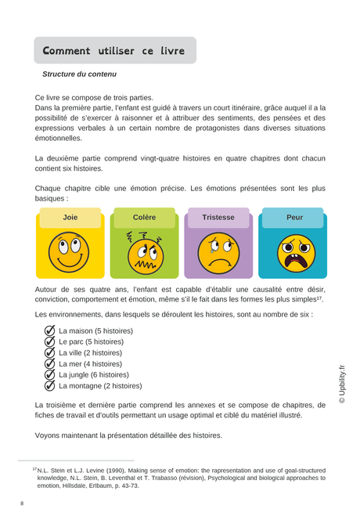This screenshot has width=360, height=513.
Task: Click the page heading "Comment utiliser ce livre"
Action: point(113,51)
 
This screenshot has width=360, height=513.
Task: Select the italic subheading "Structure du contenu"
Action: point(79,74)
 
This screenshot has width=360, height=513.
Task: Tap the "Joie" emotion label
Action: point(70,218)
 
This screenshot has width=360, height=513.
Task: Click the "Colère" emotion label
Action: point(144,218)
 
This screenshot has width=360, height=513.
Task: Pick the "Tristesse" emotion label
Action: point(218,218)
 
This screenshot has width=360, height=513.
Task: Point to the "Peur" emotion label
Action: point(294,218)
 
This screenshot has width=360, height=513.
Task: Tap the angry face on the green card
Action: point(144,253)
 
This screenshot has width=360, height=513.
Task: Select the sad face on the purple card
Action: point(218,253)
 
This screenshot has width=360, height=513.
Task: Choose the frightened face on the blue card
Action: point(294,253)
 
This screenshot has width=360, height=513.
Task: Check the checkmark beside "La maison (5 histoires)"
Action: point(50,331)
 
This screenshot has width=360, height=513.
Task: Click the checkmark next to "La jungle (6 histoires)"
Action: point(50,374)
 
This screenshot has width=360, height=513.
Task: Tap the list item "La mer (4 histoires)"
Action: point(90,363)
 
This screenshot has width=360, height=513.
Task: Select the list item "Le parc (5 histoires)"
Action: point(91,341)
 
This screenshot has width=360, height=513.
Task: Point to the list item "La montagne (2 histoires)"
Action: point(100,385)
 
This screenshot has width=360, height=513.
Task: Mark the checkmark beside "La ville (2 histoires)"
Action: point(50,352)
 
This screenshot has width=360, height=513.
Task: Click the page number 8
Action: point(22,503)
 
